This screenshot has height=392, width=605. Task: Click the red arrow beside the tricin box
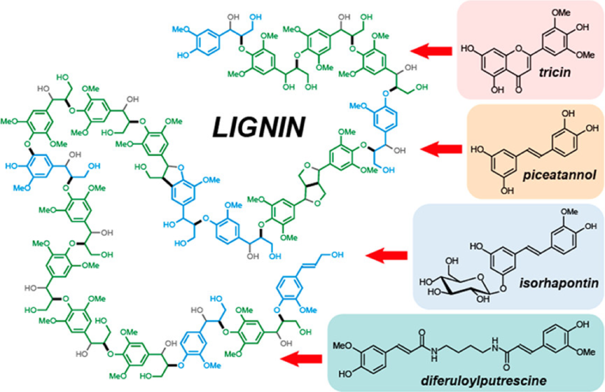tap(431, 51)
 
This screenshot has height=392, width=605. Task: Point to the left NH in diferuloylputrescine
tap(435, 352)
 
